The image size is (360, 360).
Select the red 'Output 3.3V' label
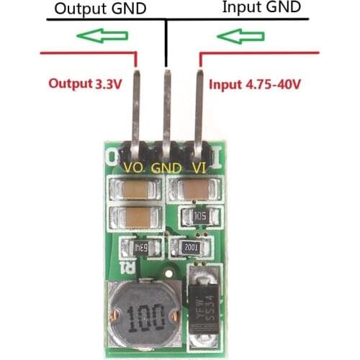click(x=84, y=83)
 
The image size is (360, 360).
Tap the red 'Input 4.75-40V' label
click(x=255, y=84)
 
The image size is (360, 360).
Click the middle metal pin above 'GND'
click(x=167, y=108)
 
